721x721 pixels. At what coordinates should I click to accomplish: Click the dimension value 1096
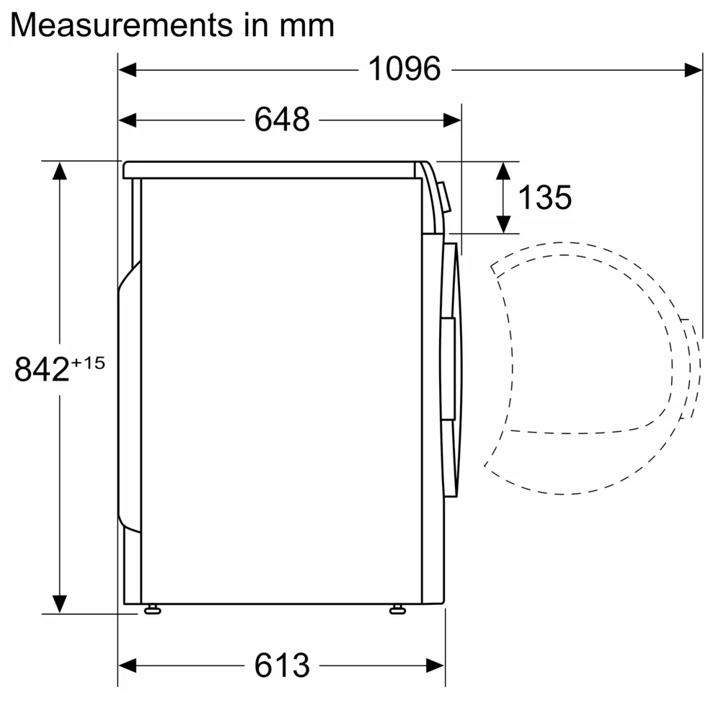coord(404,69)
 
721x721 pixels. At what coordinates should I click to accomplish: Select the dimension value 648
coord(282,120)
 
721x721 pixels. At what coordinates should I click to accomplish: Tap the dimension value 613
coord(282,665)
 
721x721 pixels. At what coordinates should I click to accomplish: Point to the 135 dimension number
coord(545,197)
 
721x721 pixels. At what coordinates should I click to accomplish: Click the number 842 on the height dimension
coord(42,370)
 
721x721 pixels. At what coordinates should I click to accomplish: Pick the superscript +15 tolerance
coord(88,363)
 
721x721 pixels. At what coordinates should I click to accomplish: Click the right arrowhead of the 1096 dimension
coord(694,69)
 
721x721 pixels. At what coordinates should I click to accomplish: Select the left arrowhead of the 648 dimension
coord(127,120)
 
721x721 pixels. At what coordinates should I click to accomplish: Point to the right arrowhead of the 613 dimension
coord(435,665)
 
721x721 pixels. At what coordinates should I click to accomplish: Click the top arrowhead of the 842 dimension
coord(60,171)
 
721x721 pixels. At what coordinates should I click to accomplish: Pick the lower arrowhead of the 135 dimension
coord(504,224)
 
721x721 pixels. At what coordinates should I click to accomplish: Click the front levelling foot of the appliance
coord(397,610)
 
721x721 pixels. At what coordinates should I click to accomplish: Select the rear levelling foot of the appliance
coord(151,610)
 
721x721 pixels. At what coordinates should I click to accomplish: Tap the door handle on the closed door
coord(448,368)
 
